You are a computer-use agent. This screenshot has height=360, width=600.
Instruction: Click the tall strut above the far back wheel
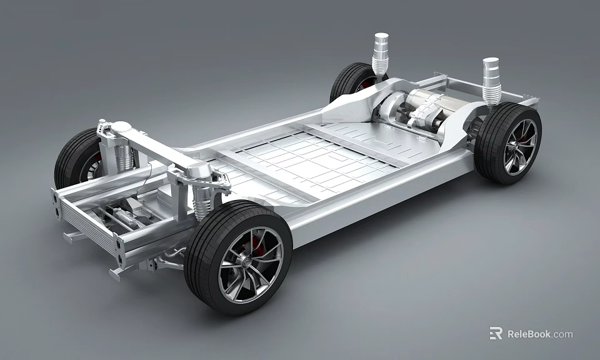tap(380, 54)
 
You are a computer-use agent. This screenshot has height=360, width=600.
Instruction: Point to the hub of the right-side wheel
tap(521, 146)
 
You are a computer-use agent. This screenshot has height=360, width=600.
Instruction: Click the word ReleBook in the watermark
tap(527, 334)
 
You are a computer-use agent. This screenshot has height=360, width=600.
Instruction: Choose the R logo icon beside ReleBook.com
tap(496, 333)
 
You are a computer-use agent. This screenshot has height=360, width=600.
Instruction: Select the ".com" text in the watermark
tap(562, 334)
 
